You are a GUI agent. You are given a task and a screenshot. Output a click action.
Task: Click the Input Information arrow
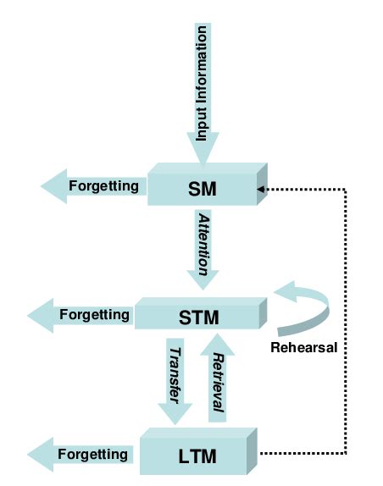point(203,93)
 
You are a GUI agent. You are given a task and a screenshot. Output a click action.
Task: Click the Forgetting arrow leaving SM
point(93,185)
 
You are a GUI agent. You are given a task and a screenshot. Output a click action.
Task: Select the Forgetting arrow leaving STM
point(80,315)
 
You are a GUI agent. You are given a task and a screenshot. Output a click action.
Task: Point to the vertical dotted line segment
point(346,322)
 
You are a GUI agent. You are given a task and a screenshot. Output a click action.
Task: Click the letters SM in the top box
point(203,190)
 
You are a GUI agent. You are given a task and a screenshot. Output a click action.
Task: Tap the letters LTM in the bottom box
point(198,457)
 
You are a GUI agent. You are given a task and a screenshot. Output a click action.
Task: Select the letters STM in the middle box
point(200,318)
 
